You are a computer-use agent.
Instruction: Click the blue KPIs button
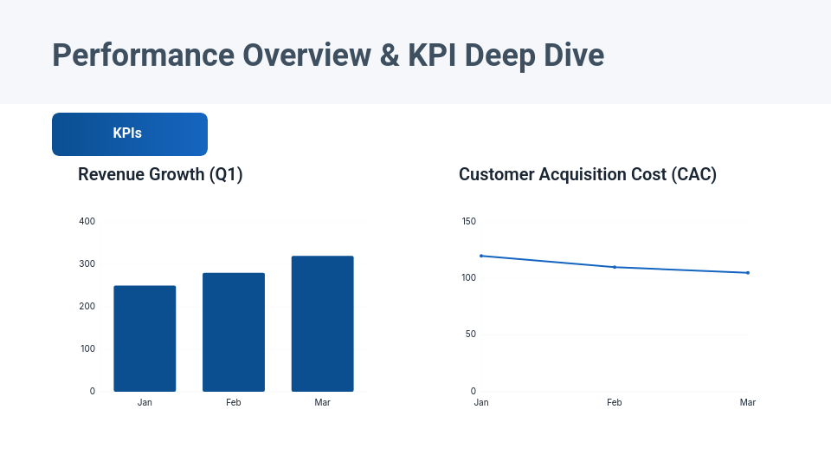tap(129, 134)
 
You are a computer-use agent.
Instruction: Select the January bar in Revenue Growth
tap(145, 339)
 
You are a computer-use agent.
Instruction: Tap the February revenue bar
tap(234, 332)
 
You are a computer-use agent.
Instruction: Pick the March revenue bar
tap(322, 323)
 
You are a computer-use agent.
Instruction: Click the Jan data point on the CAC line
tap(481, 256)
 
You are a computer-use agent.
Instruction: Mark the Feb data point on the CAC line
tap(615, 267)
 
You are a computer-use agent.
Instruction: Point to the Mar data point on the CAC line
tap(748, 273)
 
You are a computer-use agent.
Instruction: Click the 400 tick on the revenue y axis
tap(87, 221)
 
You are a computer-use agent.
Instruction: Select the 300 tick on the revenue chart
tap(87, 263)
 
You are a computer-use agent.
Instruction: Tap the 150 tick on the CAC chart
tap(468, 221)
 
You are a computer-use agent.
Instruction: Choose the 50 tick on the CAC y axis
tap(471, 335)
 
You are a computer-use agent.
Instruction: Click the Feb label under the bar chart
tap(234, 403)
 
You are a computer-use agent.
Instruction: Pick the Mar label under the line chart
tap(748, 403)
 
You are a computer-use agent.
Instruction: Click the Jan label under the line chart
tap(481, 403)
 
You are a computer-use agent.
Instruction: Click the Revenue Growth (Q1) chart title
tap(160, 174)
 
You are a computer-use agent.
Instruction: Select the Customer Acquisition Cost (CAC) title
tap(588, 174)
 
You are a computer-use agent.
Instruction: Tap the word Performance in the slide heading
tap(143, 55)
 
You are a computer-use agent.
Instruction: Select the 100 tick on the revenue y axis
tap(87, 348)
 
